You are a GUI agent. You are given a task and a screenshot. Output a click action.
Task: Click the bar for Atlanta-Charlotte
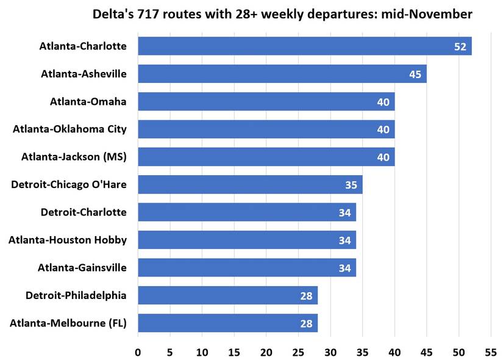[x=305, y=46]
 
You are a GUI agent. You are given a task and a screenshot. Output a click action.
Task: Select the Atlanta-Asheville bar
[x=282, y=74]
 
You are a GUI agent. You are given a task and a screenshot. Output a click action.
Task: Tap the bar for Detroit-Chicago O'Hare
[x=250, y=184]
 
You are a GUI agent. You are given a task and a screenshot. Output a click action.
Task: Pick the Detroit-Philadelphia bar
[x=227, y=295]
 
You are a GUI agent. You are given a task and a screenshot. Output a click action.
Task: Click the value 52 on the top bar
[x=460, y=47]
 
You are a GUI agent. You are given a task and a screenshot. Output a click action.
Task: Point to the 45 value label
[x=415, y=74]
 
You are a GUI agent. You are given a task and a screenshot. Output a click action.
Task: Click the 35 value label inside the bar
[x=351, y=185]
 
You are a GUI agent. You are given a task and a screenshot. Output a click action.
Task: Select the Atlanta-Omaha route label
[x=88, y=101]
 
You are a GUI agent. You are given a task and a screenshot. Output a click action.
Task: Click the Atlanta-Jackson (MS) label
[x=74, y=157]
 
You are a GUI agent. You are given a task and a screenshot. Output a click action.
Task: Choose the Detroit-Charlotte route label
[x=84, y=212]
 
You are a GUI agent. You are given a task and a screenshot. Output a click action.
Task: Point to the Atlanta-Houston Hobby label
[x=68, y=240]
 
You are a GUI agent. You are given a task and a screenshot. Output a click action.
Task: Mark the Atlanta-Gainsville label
[x=82, y=267]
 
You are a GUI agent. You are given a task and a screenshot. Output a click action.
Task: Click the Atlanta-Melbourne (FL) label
[x=68, y=323]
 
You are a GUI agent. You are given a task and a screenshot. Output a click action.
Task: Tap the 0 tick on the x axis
[x=138, y=351]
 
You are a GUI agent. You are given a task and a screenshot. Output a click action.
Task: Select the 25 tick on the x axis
[x=298, y=351]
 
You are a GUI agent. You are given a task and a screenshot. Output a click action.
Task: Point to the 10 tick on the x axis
[x=202, y=351]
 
